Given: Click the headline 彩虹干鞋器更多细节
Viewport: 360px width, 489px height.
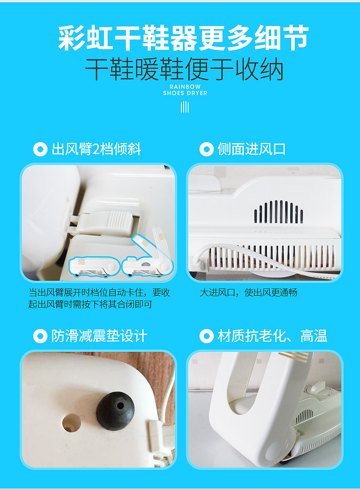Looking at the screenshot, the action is click(x=184, y=38).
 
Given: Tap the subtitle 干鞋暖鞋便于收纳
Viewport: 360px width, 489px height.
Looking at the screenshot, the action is click(x=184, y=70).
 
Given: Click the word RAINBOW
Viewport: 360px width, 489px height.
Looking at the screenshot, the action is click(x=185, y=87).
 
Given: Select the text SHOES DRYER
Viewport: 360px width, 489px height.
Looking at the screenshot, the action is click(x=185, y=93).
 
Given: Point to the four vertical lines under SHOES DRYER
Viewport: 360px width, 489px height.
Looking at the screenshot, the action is click(x=185, y=107).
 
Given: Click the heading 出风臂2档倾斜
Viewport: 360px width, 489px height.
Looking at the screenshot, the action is click(x=97, y=149).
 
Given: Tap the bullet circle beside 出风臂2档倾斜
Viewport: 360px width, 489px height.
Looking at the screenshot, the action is click(x=40, y=149).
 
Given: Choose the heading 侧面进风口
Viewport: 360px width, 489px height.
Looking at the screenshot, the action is click(x=252, y=149).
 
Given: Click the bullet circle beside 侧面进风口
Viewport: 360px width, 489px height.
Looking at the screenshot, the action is click(x=206, y=149).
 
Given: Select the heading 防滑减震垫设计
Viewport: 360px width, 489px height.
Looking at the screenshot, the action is click(x=99, y=336).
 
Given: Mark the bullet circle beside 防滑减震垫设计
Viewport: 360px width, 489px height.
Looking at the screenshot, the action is click(x=40, y=336).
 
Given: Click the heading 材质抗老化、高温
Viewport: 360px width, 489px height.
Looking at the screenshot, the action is click(x=273, y=336).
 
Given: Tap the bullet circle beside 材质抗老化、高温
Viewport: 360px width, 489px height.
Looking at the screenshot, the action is click(x=206, y=336).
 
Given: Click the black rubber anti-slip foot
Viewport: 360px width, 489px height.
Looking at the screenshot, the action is click(x=115, y=411).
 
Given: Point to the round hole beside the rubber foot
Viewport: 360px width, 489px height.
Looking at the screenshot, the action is click(x=72, y=423).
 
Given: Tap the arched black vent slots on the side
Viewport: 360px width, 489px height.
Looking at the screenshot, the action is click(x=278, y=212).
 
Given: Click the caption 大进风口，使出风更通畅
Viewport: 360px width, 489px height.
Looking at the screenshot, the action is click(x=249, y=293).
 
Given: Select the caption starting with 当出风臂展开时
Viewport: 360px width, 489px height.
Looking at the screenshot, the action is click(x=99, y=299).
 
